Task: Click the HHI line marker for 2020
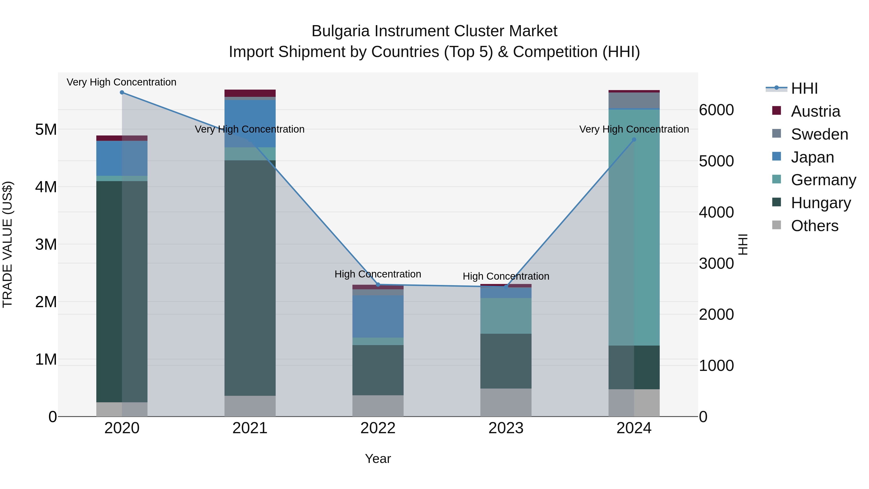click(x=122, y=92)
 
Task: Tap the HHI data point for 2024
click(x=634, y=140)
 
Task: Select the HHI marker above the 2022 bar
click(x=378, y=284)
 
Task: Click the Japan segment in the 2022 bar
click(x=378, y=316)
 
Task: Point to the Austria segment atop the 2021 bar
click(x=250, y=93)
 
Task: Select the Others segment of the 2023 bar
click(x=506, y=402)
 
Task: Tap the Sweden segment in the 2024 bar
click(x=634, y=100)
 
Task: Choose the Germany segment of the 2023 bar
click(x=506, y=316)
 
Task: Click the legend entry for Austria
click(x=815, y=111)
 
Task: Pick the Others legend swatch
click(x=777, y=225)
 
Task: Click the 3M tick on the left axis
click(x=46, y=244)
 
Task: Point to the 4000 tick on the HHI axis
click(x=716, y=212)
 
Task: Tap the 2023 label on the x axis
click(x=506, y=428)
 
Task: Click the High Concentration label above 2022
click(x=378, y=274)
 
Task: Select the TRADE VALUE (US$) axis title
click(x=7, y=244)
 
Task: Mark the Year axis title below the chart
click(x=378, y=459)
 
